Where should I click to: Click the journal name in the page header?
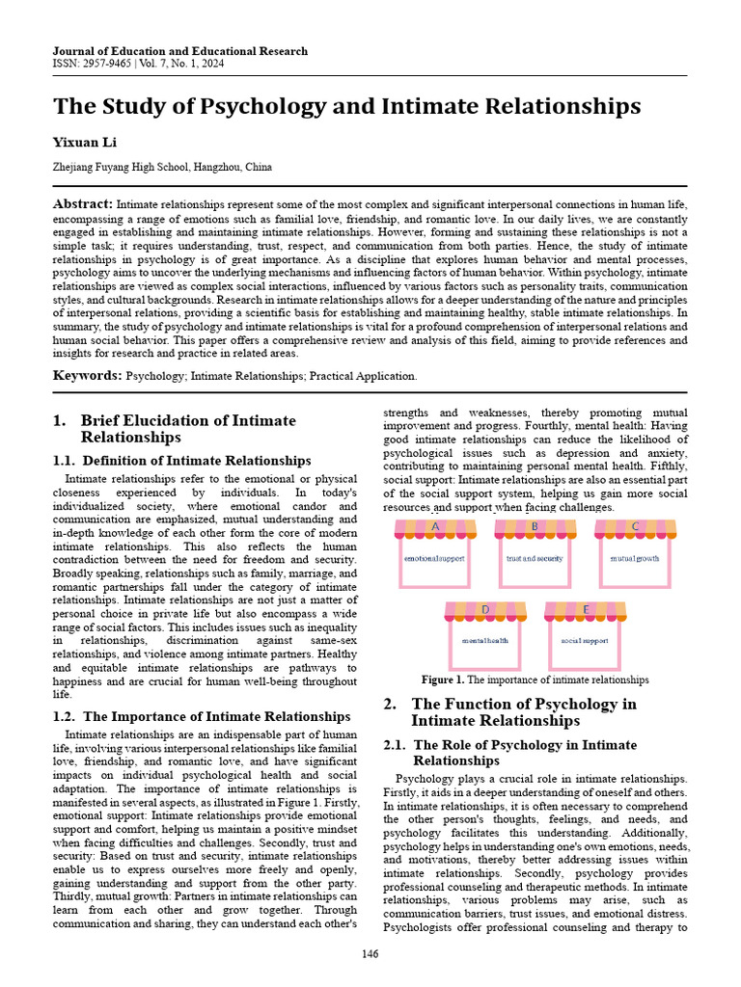[x=180, y=51]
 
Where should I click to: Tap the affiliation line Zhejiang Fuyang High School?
[x=162, y=167]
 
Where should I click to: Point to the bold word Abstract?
[x=82, y=204]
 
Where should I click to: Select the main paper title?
[x=346, y=105]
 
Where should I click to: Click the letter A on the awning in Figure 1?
[x=435, y=527]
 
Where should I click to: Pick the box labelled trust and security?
[x=535, y=558]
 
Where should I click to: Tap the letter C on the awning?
[x=635, y=526]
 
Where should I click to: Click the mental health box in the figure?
[x=484, y=640]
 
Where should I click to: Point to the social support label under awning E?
[x=585, y=640]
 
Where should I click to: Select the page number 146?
[x=370, y=954]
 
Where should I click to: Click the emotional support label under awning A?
[x=434, y=558]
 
